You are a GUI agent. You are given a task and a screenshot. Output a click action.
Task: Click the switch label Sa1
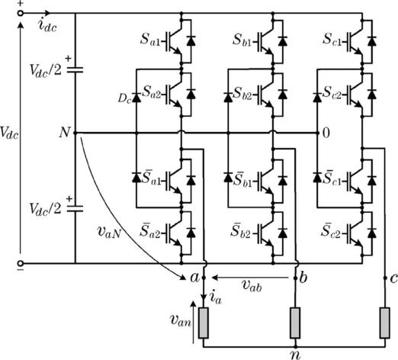coord(150,40)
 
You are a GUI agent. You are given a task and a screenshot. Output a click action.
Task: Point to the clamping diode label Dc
coord(124,98)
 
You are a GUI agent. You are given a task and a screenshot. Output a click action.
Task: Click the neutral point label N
coord(65,133)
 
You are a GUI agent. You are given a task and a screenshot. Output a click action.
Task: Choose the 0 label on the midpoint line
coord(326,133)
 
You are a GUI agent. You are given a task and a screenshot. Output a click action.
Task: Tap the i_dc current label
coord(47,26)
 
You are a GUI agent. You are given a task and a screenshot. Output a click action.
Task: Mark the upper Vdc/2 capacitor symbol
coord(75,70)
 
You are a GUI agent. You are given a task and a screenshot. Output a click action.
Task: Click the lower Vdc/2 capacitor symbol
coord(75,208)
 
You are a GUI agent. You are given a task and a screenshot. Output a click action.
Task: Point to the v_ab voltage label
coord(252,286)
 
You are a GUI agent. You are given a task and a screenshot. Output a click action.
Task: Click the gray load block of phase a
coord(204,323)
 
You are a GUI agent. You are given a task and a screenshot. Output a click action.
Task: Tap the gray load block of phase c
coord(385,323)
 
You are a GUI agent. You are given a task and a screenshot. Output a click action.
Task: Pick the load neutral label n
coord(295,355)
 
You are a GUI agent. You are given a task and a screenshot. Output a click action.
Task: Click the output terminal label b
coord(303,278)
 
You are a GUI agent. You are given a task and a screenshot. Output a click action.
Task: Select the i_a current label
coord(215,297)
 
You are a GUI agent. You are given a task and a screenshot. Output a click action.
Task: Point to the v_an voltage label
coord(181,321)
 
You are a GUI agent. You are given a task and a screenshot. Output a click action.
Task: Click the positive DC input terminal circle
coord(21,13)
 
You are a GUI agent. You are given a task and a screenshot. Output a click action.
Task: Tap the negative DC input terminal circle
coord(21,263)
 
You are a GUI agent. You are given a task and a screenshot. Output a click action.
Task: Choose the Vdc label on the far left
coord(9,133)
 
